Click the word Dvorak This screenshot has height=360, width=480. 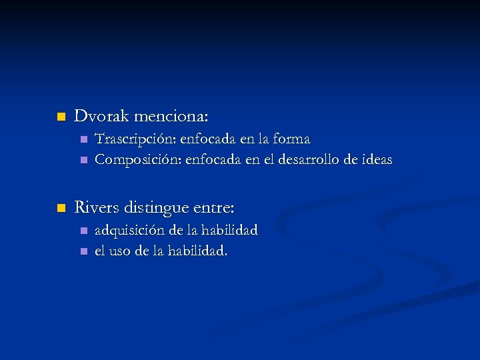tap(101, 117)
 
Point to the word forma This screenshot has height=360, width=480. tap(293, 139)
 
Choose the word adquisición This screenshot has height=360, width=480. tap(129, 231)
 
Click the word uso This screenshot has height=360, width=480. tap(120, 251)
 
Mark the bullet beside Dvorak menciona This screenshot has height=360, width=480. tap(61, 117)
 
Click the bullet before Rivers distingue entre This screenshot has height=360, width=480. tap(61, 209)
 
